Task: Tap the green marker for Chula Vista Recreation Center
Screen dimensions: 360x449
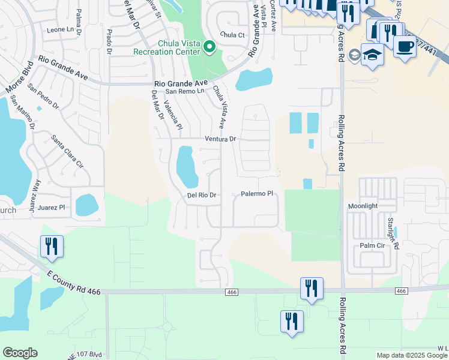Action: click(x=209, y=46)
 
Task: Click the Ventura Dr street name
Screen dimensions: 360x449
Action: click(x=221, y=139)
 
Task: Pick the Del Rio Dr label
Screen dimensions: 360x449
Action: click(x=201, y=195)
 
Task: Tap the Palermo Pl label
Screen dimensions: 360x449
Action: click(x=257, y=194)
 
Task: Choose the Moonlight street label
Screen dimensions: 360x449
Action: click(x=363, y=206)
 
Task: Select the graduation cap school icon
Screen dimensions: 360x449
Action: click(x=372, y=55)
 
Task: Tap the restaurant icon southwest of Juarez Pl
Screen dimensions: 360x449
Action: click(x=51, y=246)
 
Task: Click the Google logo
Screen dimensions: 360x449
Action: click(x=20, y=353)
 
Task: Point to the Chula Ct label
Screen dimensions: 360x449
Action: click(x=233, y=35)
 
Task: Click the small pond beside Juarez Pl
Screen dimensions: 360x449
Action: click(x=87, y=205)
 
